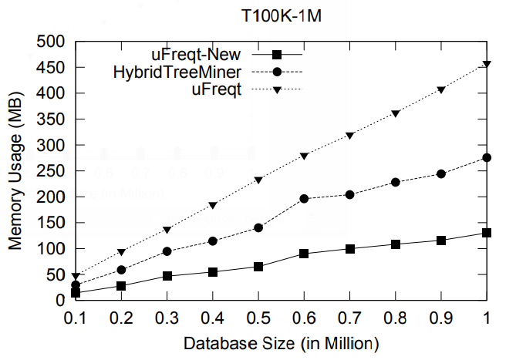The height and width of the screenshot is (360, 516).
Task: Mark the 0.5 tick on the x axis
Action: pos(258,316)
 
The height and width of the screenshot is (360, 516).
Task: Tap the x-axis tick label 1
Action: pos(487,316)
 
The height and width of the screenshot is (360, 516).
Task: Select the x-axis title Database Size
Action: pos(281,341)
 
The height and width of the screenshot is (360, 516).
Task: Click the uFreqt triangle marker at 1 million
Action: pos(487,64)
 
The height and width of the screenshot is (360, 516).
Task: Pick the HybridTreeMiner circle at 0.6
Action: pos(304,199)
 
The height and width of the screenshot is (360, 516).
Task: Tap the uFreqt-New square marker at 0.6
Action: pos(304,254)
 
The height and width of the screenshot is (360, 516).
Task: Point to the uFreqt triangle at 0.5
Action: pos(258,180)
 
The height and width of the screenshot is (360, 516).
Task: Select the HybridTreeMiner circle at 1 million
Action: pos(487,157)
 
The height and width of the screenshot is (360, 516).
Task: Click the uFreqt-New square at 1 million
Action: pos(487,233)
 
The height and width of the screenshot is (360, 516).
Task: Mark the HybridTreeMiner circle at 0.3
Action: pos(167,251)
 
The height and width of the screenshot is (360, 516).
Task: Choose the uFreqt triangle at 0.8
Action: pos(396,113)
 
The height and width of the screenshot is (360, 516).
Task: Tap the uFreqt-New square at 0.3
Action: pos(167,276)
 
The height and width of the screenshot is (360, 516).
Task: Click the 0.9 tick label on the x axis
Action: pos(441,316)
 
